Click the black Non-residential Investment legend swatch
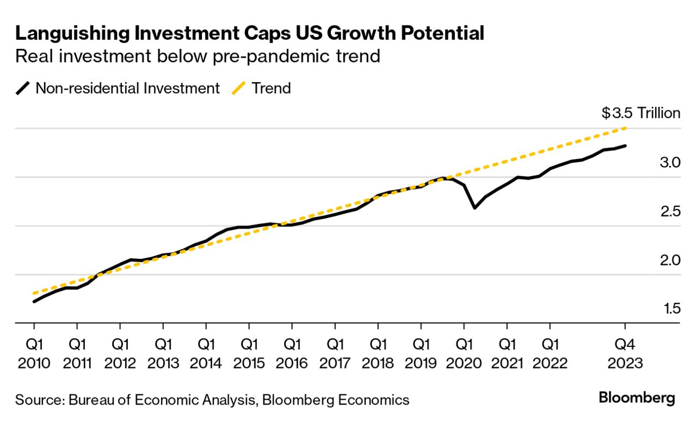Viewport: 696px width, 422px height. click(23, 88)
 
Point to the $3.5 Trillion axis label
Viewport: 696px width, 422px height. click(640, 113)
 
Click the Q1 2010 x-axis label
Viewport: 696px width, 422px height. click(34, 353)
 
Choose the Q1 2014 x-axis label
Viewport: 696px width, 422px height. click(206, 353)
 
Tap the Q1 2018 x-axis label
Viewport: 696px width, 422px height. click(378, 353)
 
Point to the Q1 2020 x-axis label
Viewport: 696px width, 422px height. click(464, 353)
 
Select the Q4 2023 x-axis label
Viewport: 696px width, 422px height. click(625, 353)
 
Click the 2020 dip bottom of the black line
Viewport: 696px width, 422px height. click(475, 208)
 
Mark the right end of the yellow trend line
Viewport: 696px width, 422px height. click(625, 128)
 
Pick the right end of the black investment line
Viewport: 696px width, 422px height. click(625, 146)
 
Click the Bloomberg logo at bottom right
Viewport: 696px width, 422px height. click(637, 398)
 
